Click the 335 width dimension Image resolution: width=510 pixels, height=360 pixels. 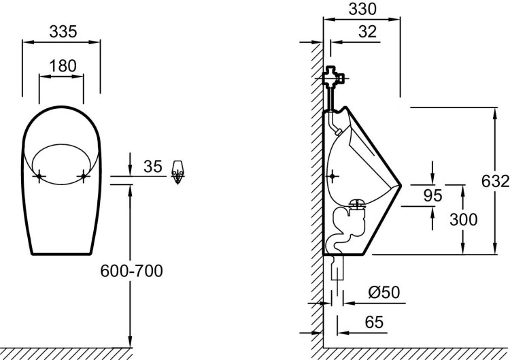63,32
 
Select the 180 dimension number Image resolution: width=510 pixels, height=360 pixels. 63,66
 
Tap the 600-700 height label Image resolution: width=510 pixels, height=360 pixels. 131,271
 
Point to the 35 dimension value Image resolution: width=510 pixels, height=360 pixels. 152,166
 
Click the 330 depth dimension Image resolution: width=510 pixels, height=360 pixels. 362,9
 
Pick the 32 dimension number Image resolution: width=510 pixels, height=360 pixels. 367,32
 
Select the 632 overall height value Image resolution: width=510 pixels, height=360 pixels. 495,181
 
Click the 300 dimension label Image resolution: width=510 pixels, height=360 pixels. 464,220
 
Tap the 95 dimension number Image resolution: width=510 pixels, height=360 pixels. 433,195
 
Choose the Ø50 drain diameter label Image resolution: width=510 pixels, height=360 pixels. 384,293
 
